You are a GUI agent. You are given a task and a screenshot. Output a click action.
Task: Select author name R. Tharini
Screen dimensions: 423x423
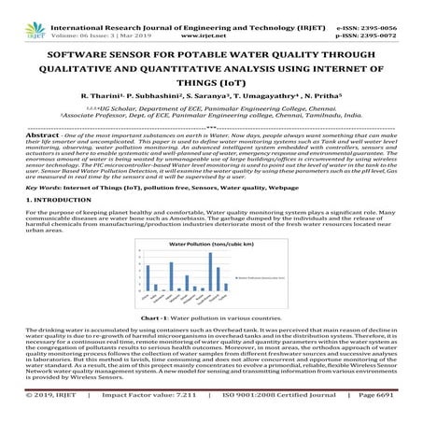pos(105,96)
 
